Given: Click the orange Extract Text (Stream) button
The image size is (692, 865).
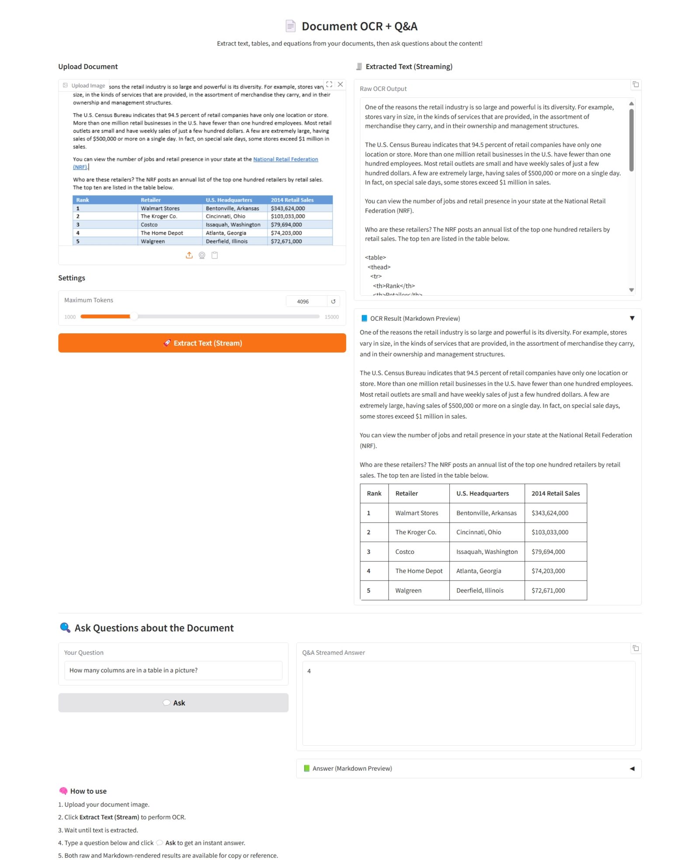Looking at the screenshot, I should coord(202,343).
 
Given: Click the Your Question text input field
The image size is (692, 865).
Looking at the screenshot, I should coord(173,670).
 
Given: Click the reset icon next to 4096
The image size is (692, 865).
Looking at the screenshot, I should coord(333,301).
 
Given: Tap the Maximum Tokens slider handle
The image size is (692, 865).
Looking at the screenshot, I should coord(134,316).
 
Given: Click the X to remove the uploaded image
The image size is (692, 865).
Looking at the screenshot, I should coord(340,84).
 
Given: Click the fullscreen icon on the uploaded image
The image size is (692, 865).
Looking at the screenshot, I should coord(329,84).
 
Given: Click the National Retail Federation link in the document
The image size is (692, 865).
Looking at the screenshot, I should coord(285,159).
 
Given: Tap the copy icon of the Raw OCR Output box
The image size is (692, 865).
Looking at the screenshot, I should coord(636,84).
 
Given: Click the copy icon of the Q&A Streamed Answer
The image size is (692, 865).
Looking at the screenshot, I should coord(636,648).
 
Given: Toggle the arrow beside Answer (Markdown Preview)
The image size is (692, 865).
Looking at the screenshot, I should coord(632,768).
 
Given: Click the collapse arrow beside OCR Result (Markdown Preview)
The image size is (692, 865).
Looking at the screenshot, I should coord(632,318).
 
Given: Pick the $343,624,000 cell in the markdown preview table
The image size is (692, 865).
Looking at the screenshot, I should coord(550,513).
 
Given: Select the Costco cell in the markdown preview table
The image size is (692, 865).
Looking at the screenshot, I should coord(404,552).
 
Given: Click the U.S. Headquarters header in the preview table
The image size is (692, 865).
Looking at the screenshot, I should coord(483,493).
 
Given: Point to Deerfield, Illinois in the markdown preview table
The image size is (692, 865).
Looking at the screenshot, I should coord(480,590).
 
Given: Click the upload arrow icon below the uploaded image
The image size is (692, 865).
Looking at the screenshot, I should coord(189,255).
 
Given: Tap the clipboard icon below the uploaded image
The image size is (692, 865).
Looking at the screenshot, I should coord(215,255).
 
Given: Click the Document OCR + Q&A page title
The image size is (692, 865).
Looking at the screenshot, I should coord(359,26).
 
